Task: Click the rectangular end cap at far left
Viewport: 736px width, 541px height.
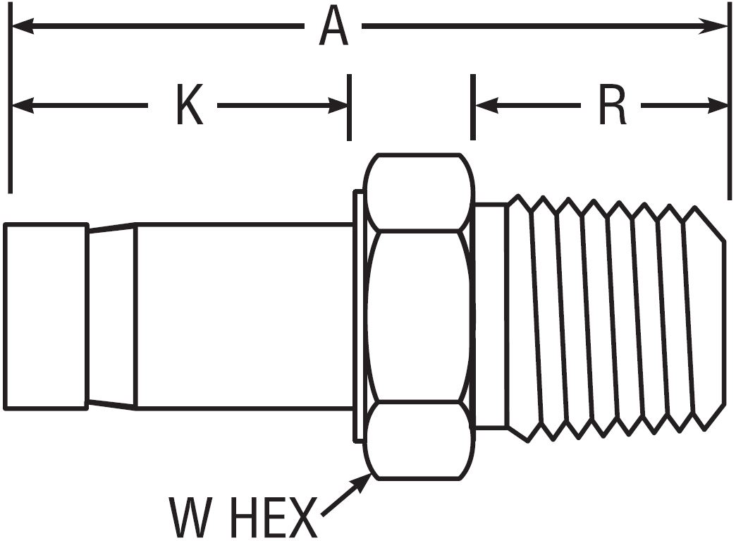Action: pos(46,316)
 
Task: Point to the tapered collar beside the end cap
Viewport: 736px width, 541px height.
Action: pos(111,316)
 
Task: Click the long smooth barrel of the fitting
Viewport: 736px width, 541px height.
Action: pos(243,316)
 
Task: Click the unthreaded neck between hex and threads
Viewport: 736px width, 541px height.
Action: pos(491,316)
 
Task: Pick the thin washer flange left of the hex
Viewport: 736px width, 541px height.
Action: pos(359,316)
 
